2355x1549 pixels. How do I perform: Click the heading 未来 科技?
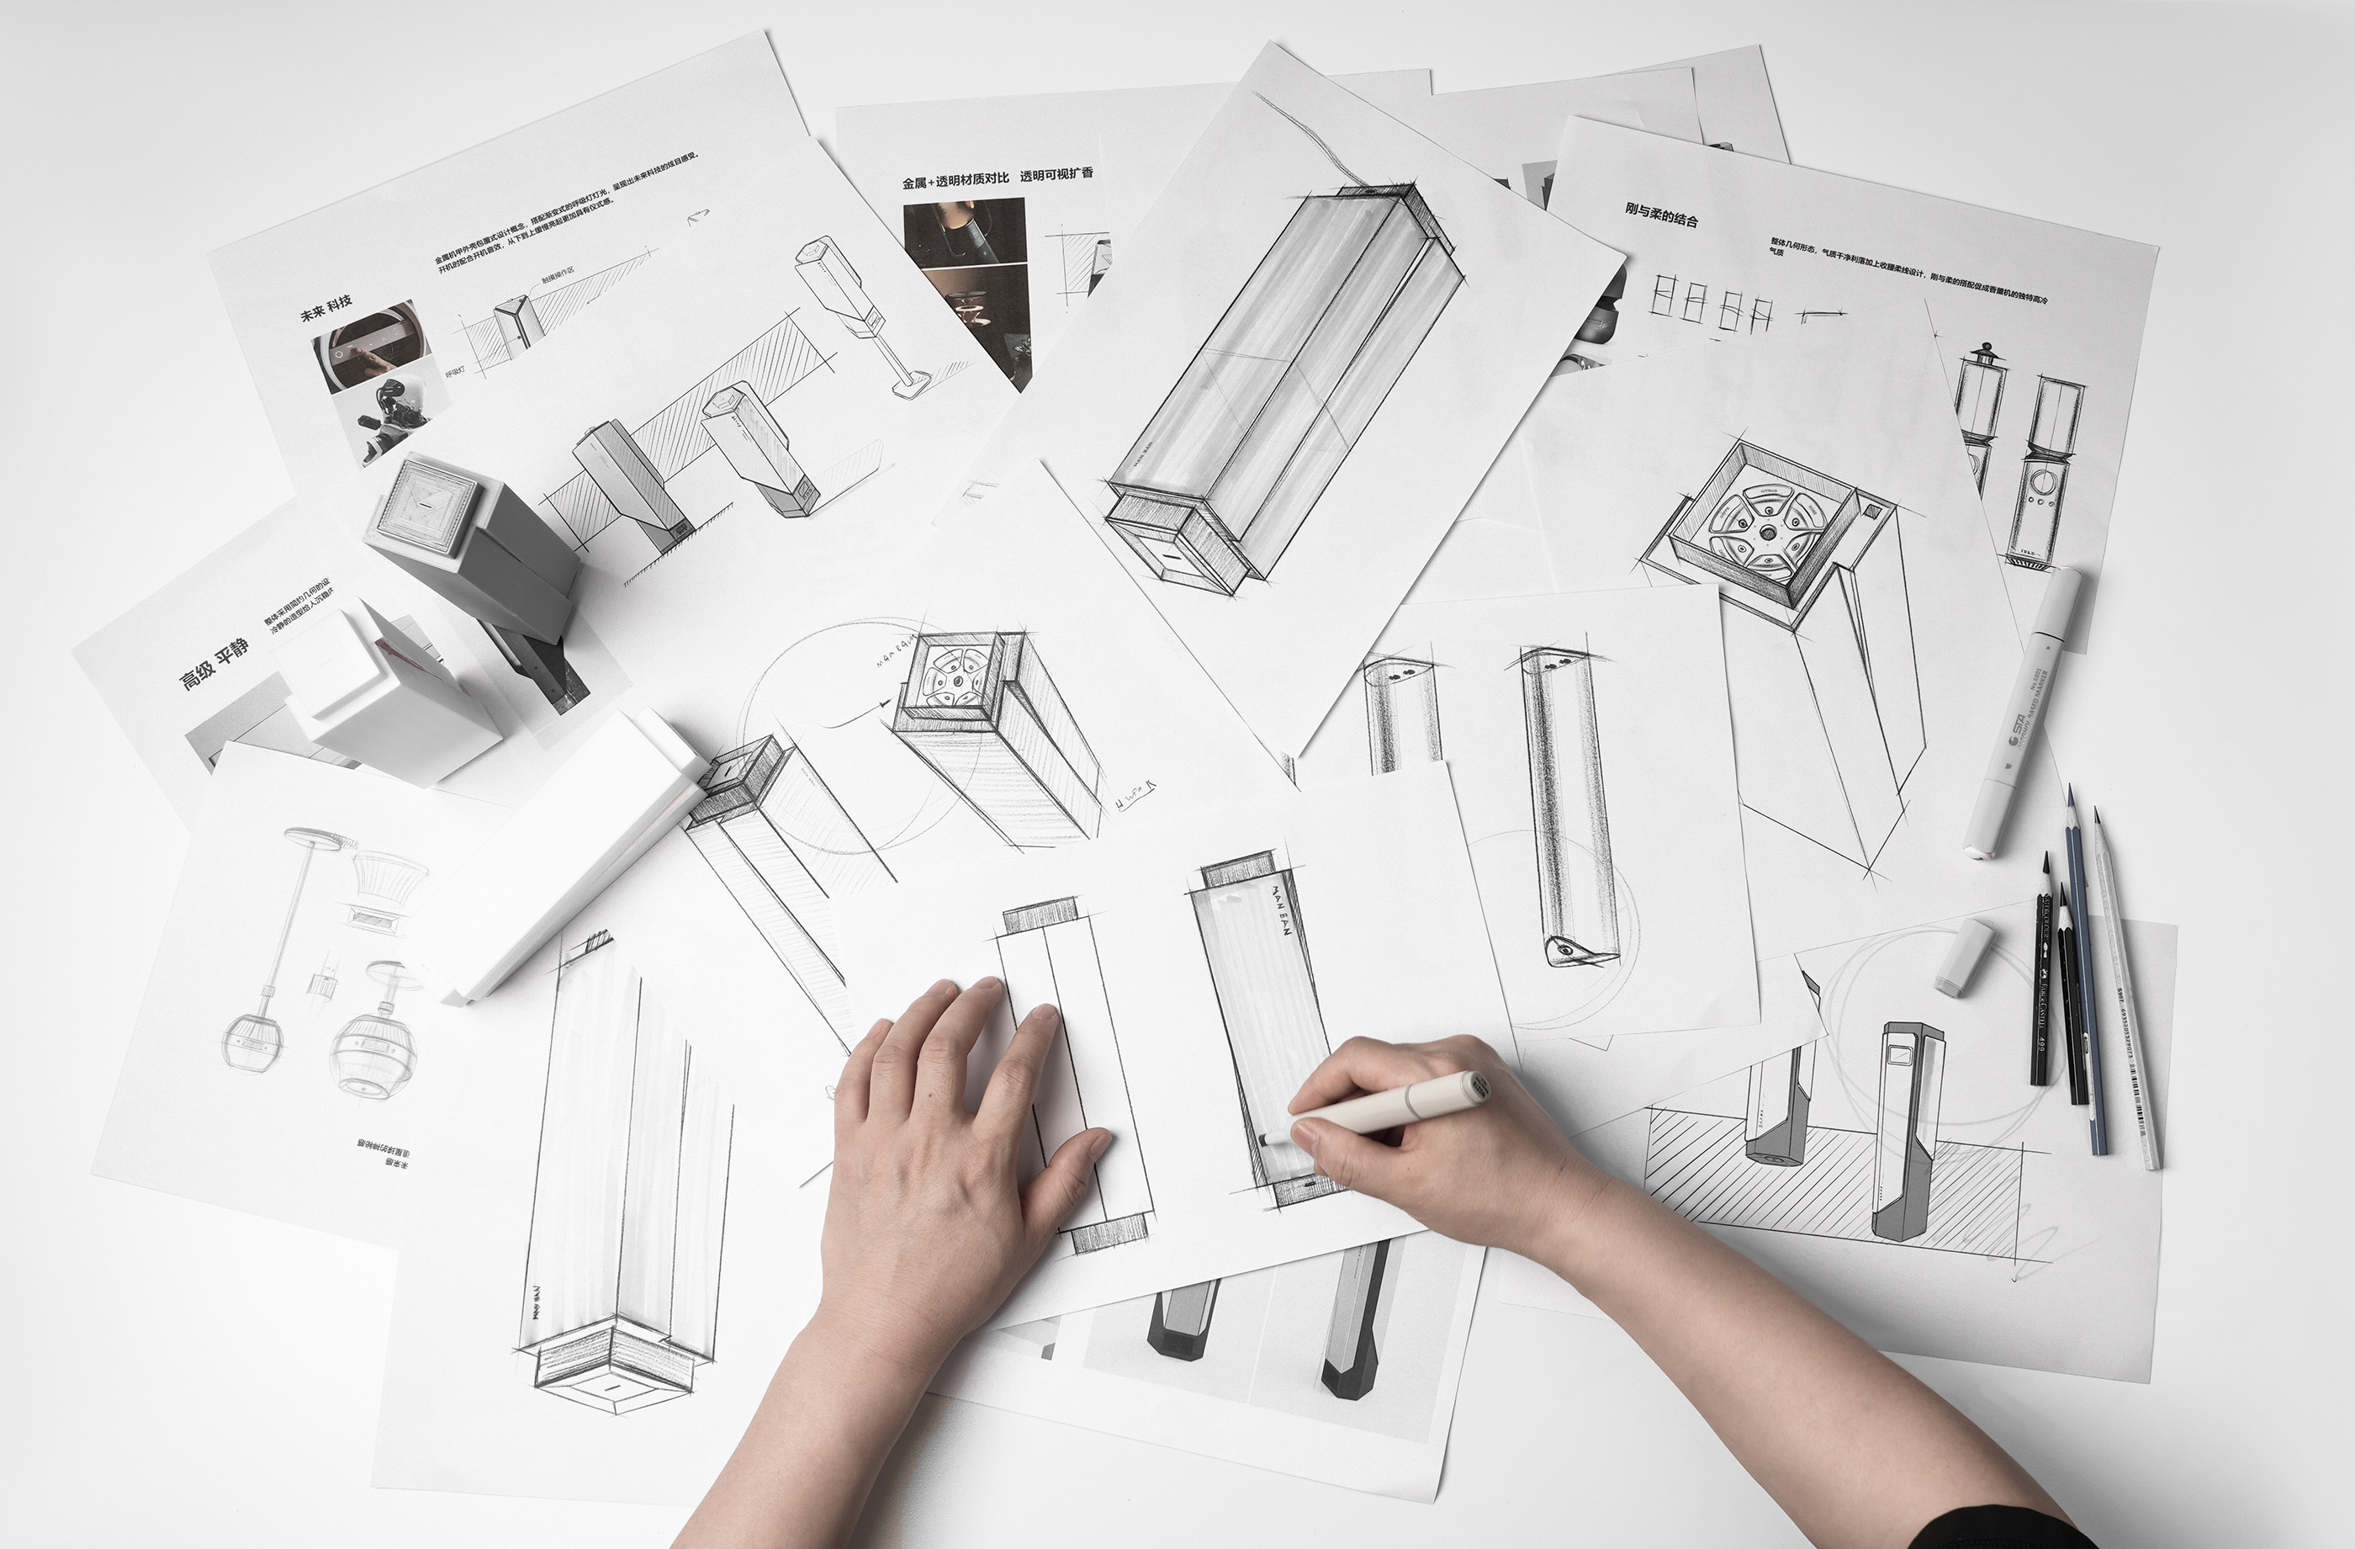326,308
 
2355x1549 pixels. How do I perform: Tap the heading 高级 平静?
213,663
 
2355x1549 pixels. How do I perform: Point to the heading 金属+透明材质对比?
955,181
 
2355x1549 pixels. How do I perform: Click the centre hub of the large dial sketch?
1765,532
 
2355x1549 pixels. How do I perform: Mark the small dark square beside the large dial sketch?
1872,512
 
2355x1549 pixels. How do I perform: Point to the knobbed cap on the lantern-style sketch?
1982,354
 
